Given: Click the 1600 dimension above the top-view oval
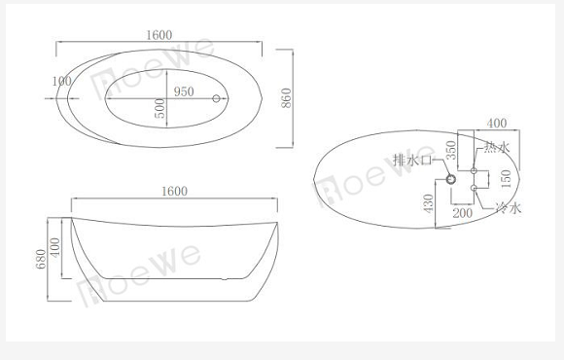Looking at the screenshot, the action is (x=159, y=35).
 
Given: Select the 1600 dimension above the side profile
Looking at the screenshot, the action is (x=174, y=191).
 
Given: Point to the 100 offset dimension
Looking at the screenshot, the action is (x=62, y=82).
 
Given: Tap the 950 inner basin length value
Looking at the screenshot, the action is (x=184, y=91).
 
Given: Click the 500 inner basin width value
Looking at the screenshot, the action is (x=160, y=108).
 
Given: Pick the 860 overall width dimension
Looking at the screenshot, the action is (x=286, y=98).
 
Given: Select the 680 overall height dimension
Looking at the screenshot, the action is (x=41, y=259).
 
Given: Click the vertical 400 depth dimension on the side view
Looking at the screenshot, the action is (x=55, y=247).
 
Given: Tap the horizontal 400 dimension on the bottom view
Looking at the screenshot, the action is (x=497, y=124).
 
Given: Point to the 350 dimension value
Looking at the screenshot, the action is (x=450, y=150).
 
